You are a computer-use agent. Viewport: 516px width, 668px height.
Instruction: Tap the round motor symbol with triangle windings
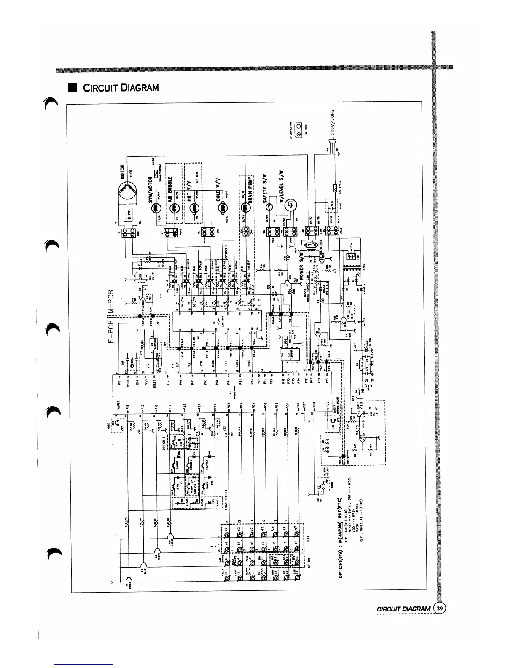point(127,191)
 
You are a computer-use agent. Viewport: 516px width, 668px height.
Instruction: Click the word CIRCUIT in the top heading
point(97,88)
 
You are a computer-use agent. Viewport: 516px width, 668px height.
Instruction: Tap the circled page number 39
point(440,608)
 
